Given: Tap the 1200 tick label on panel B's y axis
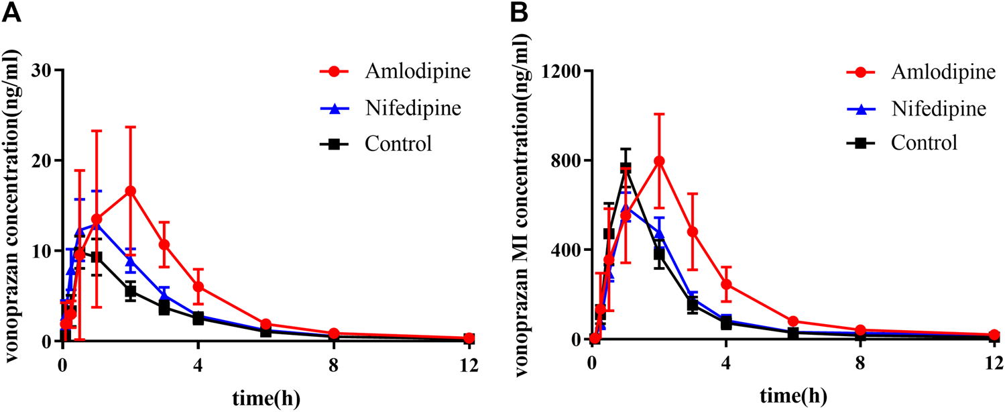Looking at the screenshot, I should (563, 70).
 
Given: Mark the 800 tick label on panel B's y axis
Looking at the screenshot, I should (567, 160).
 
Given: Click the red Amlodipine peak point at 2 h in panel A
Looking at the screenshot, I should (131, 191).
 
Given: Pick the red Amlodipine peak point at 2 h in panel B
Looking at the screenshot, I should (659, 161).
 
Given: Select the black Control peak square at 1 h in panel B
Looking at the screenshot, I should (626, 168).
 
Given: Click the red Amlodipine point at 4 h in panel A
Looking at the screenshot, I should (198, 287).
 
